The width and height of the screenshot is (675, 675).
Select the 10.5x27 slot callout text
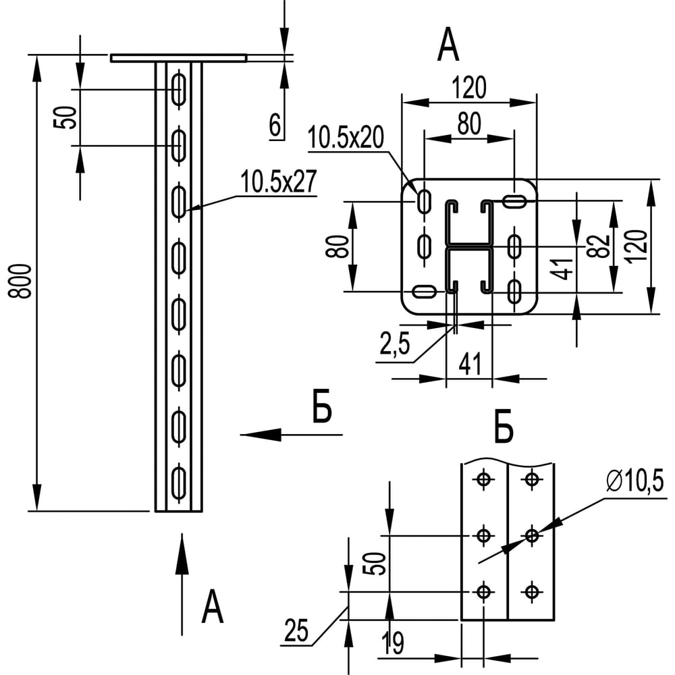[277, 182]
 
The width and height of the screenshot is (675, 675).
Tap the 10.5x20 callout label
[346, 138]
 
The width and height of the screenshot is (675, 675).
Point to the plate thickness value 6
[275, 126]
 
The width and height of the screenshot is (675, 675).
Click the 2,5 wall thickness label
[394, 348]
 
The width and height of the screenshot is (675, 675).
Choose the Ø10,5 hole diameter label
[635, 482]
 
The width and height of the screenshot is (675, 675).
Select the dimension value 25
[296, 631]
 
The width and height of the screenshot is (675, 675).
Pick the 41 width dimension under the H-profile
[469, 364]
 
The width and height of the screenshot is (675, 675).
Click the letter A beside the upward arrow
[212, 607]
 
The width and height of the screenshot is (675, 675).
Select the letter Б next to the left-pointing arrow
[323, 411]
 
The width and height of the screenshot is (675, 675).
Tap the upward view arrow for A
[182, 580]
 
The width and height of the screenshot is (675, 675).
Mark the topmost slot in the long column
[179, 89]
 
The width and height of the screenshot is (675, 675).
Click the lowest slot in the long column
[179, 482]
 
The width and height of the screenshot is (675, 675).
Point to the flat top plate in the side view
[179, 58]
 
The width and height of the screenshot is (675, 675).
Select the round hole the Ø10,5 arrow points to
[532, 535]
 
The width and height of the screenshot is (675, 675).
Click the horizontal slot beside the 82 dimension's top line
[515, 200]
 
